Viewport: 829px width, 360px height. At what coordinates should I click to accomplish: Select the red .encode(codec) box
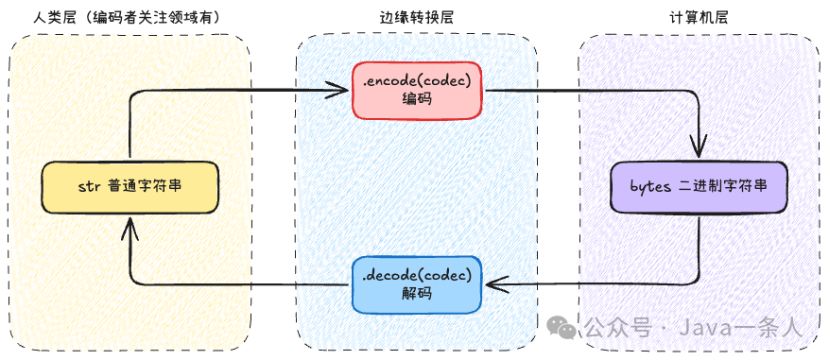click(417, 90)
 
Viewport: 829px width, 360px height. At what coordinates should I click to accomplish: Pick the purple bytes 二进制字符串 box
click(699, 187)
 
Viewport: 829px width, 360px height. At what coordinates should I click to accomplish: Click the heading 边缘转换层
click(417, 19)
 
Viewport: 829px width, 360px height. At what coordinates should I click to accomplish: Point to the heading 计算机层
click(699, 19)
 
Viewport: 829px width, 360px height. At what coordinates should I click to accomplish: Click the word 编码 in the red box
click(417, 99)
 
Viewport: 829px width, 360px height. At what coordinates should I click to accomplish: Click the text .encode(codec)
click(417, 80)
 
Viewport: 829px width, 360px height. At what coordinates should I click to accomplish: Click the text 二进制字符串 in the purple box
click(723, 187)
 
